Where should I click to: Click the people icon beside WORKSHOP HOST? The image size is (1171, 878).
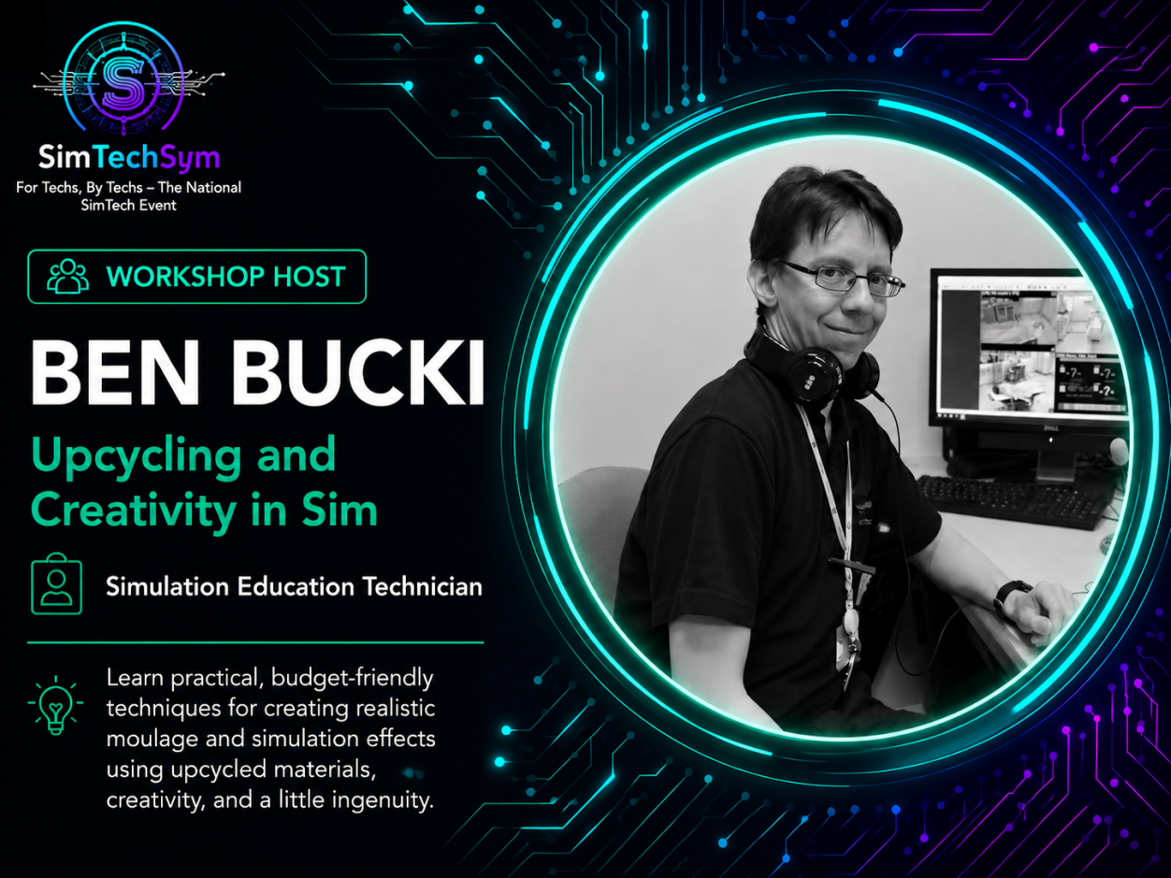pos(67,276)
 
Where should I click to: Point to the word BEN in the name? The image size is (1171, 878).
pos(115,372)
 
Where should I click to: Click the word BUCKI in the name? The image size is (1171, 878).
pos(358,372)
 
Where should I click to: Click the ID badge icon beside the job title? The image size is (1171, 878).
pos(56,584)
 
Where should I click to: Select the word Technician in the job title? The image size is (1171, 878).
pos(423,586)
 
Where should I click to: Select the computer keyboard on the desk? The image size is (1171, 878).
pos(1008,499)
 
